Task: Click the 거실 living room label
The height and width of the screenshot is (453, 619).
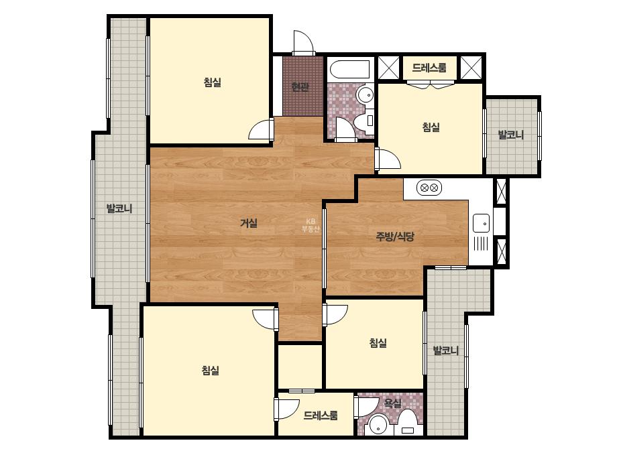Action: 249,223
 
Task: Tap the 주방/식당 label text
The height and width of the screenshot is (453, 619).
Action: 395,237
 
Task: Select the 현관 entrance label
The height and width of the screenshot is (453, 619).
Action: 300,86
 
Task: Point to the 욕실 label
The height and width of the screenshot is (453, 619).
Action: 393,403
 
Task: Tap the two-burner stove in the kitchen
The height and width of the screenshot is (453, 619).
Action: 429,188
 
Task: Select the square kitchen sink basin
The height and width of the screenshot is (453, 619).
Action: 482,223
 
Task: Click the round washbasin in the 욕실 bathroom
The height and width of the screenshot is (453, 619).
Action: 378,426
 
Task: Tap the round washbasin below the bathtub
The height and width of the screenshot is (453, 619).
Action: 365,95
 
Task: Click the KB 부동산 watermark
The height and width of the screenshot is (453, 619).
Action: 311,225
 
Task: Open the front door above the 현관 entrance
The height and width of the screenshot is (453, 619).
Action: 302,44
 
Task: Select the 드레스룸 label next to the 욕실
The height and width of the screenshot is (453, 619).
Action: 321,415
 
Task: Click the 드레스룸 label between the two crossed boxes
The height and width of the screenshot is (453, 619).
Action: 429,68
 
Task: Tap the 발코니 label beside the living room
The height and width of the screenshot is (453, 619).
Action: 119,208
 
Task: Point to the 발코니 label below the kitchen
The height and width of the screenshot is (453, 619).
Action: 446,350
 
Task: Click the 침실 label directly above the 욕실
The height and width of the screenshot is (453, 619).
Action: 378,342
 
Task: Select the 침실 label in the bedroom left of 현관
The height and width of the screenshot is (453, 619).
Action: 213,82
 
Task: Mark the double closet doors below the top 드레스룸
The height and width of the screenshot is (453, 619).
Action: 431,84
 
